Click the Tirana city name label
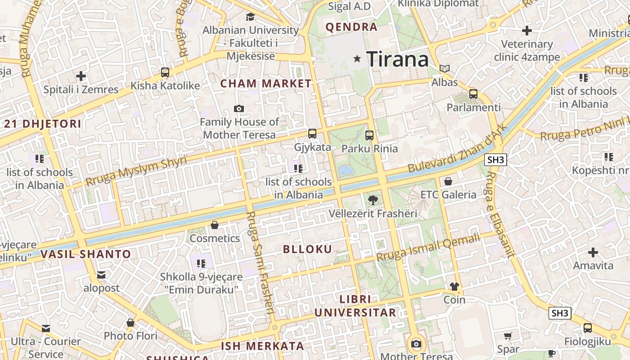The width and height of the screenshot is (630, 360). pos(397,59)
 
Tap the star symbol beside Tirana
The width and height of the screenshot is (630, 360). pos(357,58)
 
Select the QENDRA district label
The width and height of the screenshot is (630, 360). pos(351,27)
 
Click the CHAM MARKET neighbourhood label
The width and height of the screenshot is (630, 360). pos(266,83)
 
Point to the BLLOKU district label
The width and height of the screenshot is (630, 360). pos(308,249)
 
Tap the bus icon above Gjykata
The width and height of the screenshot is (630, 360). pos(312,134)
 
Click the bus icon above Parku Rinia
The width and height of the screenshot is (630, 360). pos(369,135)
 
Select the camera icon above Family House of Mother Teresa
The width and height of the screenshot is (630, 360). pos(239,108)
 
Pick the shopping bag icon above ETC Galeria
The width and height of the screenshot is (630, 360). pos(448,181)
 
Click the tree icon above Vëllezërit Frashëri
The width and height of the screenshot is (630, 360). pos(373,200)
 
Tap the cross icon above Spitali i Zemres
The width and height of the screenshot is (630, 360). pos(81,76)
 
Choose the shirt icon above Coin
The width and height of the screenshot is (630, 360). pos(454,286)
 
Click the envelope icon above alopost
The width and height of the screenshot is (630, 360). pos(101,274)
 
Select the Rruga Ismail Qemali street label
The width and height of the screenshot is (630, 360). pos(428,247)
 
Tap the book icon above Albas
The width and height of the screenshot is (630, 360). pos(445,69)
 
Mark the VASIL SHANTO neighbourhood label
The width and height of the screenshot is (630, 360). pos(85,254)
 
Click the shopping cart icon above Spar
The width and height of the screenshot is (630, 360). pos(508,336)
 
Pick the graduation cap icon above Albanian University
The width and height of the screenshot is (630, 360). pos(250,17)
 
